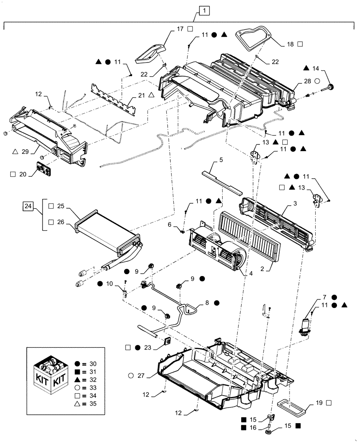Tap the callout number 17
pos(180,29)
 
